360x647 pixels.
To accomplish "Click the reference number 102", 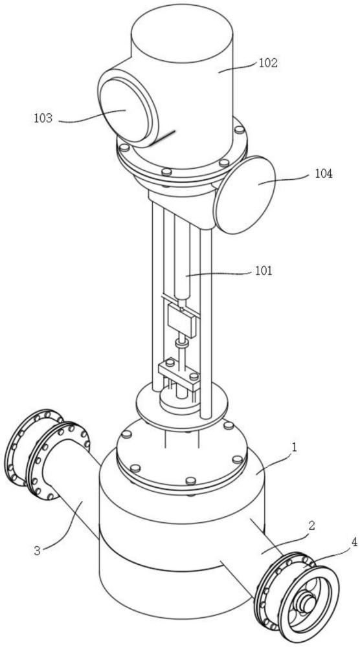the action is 268,63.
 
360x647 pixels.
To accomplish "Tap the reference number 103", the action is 43,118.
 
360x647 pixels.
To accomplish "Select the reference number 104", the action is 324,173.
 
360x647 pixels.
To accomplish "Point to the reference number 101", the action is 263,271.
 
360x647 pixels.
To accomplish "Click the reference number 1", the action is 295,446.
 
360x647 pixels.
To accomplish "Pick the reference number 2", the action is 311,525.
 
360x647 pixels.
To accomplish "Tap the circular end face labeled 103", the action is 124,109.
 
